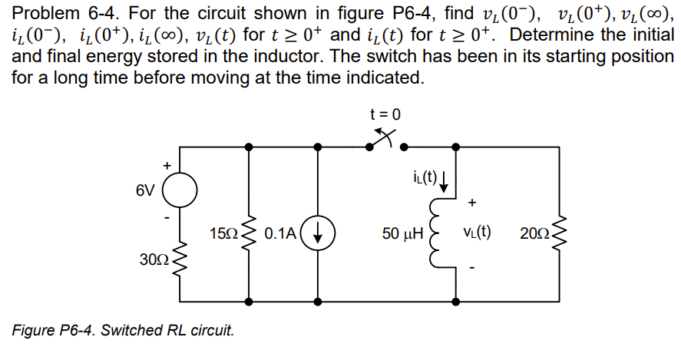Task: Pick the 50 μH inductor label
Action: coord(403,233)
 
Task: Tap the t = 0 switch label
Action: coord(385,114)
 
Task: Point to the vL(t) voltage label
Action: coord(478,233)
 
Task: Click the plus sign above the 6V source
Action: coord(164,164)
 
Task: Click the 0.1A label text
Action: coord(281,233)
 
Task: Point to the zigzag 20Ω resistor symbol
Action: coord(558,233)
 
